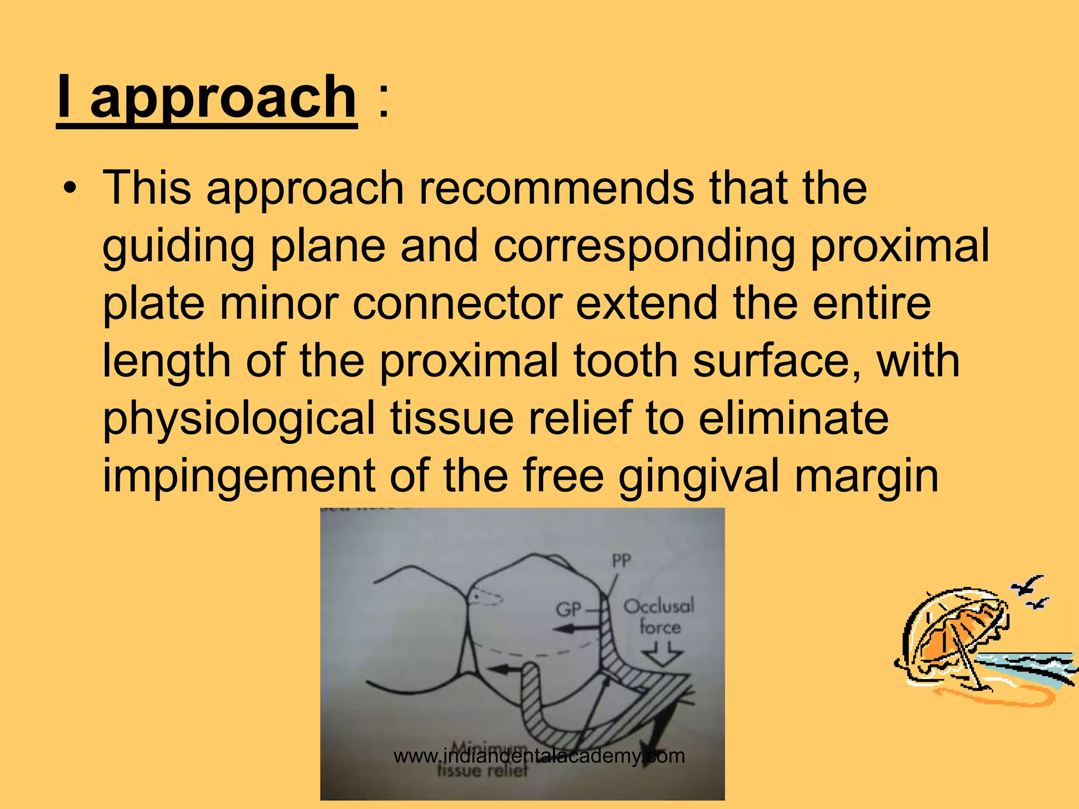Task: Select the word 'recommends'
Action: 556,188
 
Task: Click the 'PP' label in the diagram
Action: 621,561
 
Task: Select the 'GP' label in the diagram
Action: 568,610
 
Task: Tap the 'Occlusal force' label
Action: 659,617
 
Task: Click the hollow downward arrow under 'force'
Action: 662,656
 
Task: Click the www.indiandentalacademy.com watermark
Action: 539,756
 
